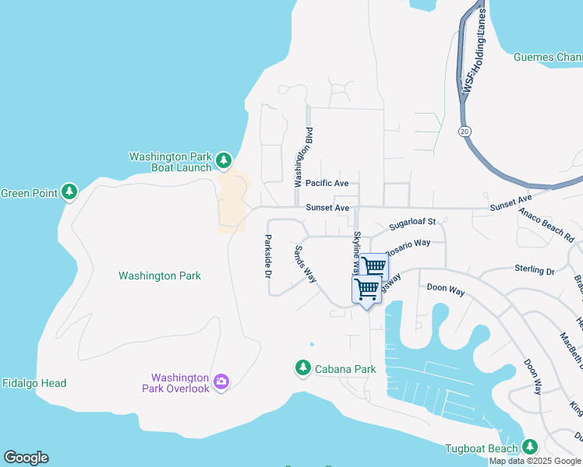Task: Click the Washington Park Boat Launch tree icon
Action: (x=224, y=161)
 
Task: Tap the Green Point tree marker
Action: (x=69, y=192)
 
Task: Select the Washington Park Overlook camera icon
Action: (x=221, y=381)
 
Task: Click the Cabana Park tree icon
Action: (x=302, y=367)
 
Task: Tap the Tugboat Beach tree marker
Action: (x=530, y=447)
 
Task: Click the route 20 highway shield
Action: (x=465, y=132)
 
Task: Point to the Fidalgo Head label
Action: (x=34, y=383)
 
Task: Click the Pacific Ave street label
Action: (x=327, y=184)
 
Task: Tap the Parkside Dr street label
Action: (x=267, y=256)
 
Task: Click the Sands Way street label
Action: (x=305, y=264)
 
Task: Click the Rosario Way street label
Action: (x=409, y=244)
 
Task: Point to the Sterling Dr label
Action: (x=534, y=269)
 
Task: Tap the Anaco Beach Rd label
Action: (x=544, y=226)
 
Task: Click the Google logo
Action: (x=26, y=458)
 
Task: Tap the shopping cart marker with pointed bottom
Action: (x=366, y=291)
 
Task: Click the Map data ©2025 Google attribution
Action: (x=535, y=461)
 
